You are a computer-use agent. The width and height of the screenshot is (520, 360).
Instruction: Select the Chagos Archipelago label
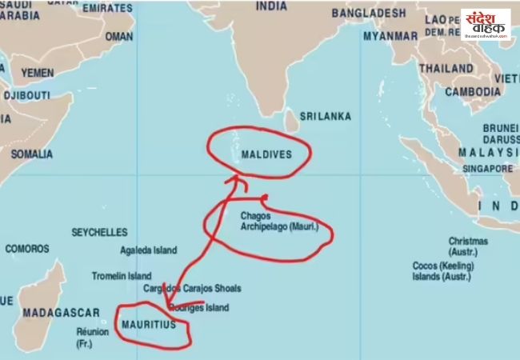[x=279, y=222]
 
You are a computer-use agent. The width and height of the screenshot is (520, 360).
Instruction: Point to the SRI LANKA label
[x=325, y=117]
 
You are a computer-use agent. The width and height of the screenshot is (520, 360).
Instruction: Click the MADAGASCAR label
[x=61, y=312]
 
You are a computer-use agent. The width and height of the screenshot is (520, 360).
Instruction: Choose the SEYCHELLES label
[x=99, y=232]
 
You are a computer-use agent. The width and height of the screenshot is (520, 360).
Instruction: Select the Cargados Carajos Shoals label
[x=192, y=289]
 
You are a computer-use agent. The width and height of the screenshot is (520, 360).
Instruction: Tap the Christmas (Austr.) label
[x=468, y=245]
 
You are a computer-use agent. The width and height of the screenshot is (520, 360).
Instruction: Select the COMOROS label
[x=27, y=249]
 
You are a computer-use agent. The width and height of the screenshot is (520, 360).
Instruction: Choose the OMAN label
[x=119, y=37]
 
